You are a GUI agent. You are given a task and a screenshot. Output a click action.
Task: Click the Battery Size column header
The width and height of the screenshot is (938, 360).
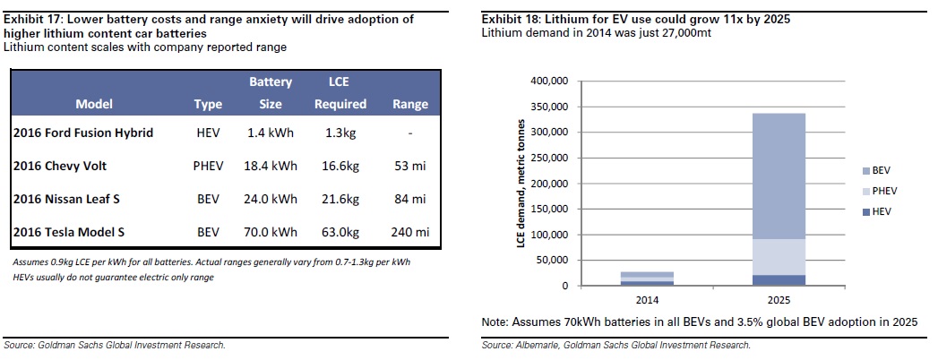(271, 93)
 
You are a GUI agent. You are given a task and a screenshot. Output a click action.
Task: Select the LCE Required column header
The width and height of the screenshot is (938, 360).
(340, 93)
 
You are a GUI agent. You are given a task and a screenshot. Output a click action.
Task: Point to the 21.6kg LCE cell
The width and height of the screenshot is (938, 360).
(340, 199)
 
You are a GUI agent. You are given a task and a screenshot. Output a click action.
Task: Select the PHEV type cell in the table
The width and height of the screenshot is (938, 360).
(208, 166)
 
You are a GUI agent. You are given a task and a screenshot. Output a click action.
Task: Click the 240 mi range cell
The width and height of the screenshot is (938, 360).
(410, 232)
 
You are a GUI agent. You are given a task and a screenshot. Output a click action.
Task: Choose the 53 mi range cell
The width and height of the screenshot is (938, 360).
(410, 166)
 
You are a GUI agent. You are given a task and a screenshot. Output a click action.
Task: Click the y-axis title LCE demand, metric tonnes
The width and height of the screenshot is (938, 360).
(521, 184)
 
